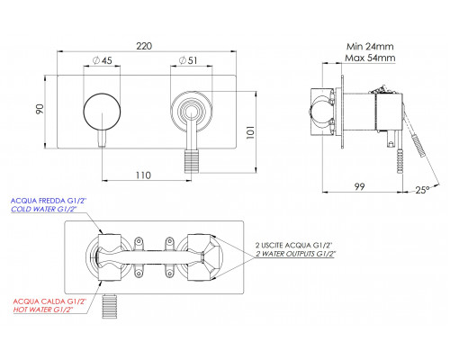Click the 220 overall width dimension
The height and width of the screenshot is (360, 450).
click(144, 46)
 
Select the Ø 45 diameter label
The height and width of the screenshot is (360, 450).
click(103, 60)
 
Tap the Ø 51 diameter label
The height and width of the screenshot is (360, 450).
click(188, 60)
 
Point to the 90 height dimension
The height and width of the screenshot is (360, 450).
click(40, 109)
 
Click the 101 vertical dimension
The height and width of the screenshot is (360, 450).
click(250, 132)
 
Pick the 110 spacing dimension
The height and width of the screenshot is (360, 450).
click(143, 175)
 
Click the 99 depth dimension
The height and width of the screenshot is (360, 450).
click(359, 186)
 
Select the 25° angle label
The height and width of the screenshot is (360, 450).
click(423, 190)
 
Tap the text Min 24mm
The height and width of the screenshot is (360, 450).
click(370, 47)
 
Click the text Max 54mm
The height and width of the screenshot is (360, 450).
click(370, 58)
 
